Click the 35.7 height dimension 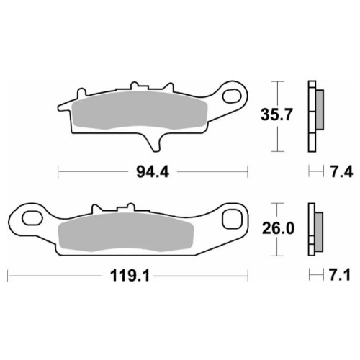(x=276, y=114)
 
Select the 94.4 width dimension (x=153, y=172)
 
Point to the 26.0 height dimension (x=278, y=228)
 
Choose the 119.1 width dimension (x=130, y=276)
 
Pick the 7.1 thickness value (x=339, y=275)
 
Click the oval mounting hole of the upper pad (x=232, y=96)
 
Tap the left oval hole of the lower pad (x=32, y=218)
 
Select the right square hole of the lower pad (x=232, y=219)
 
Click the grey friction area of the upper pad (x=140, y=110)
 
